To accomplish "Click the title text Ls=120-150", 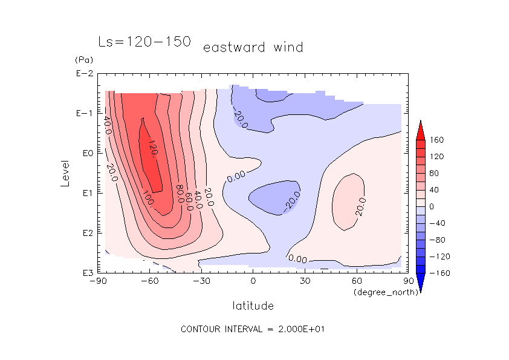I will point(144,42).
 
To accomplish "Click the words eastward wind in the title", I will point(253,47).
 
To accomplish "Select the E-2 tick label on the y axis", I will point(83,74).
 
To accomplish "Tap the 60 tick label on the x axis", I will point(356,281).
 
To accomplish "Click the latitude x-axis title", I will point(253,306).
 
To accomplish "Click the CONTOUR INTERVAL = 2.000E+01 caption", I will point(254,329).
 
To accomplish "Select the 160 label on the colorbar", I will point(437,140).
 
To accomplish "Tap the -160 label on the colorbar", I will point(439,273).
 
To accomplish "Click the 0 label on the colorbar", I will point(432,206).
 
